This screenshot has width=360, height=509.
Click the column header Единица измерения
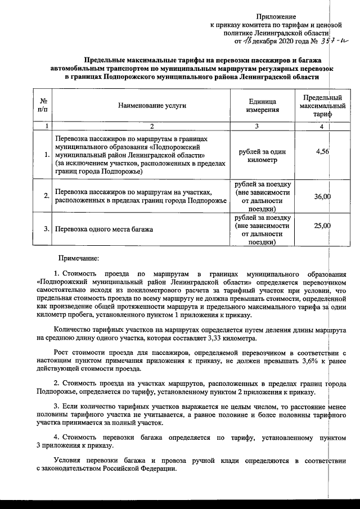(262, 105)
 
